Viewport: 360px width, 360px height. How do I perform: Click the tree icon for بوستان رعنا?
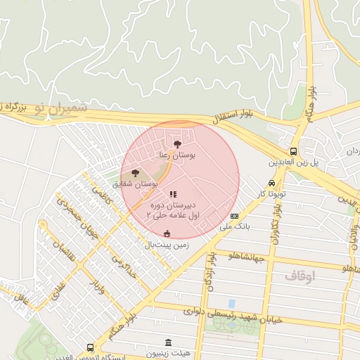pyautogui.click(x=176, y=144)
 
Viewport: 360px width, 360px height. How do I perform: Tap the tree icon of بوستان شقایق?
pyautogui.click(x=135, y=173)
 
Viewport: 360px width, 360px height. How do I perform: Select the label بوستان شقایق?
pyautogui.click(x=134, y=184)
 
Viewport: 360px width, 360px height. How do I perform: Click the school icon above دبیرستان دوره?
pyautogui.click(x=173, y=194)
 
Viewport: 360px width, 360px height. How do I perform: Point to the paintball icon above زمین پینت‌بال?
pyautogui.click(x=167, y=234)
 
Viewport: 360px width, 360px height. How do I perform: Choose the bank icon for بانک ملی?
pyautogui.click(x=234, y=216)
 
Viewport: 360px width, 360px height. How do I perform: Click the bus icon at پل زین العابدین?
pyautogui.click(x=293, y=151)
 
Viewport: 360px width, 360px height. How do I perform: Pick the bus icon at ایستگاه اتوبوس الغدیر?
pyautogui.click(x=90, y=347)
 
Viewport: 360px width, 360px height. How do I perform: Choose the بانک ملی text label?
pyautogui.click(x=234, y=226)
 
